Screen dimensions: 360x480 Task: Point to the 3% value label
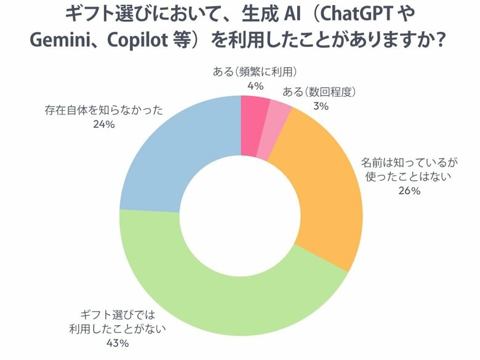point(321,106)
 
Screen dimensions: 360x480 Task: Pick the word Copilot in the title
point(140,41)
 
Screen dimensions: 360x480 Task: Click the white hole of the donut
point(241,215)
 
